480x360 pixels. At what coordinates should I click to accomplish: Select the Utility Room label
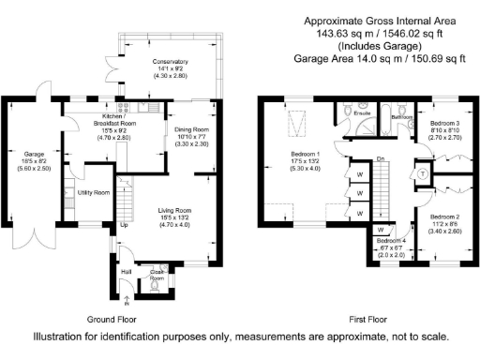pyautogui.click(x=94, y=192)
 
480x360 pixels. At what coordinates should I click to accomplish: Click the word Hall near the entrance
pyautogui.click(x=126, y=273)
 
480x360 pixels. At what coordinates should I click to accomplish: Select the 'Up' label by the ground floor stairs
pyautogui.click(x=124, y=225)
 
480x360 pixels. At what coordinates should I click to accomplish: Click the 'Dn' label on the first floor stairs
pyautogui.click(x=380, y=159)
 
